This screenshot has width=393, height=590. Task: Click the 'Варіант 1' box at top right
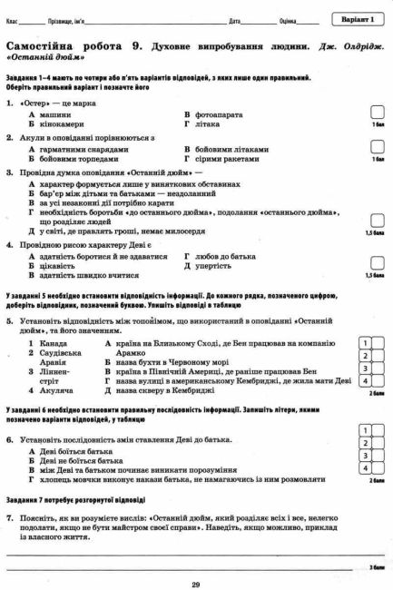tap(358, 19)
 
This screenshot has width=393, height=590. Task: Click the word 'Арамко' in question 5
tap(131, 354)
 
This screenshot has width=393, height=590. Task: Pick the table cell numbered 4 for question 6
tap(364, 468)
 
